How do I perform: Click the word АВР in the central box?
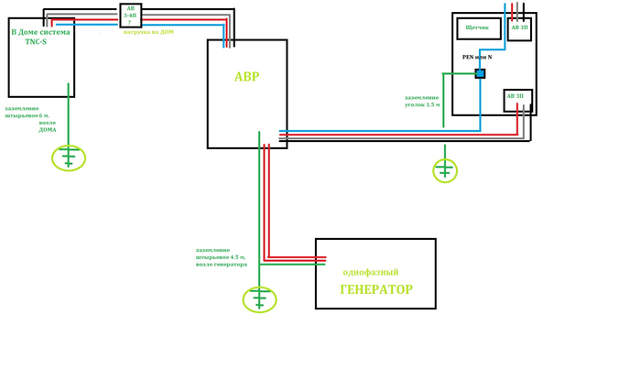[x=246, y=77]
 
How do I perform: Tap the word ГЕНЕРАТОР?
[x=375, y=289]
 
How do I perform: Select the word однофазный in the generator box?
[x=370, y=273]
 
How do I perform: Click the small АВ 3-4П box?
[x=130, y=16]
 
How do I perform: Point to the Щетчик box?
[x=478, y=28]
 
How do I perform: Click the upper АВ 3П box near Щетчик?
[x=518, y=28]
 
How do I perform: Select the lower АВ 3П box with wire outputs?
[x=517, y=99]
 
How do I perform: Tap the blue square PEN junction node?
[x=480, y=73]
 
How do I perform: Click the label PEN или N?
[x=477, y=57]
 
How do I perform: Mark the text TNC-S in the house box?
[x=36, y=42]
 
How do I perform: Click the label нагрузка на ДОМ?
[x=148, y=32]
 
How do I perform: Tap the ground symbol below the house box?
[x=69, y=158]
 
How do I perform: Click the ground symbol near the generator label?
[x=259, y=299]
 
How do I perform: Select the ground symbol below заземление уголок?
[x=444, y=170]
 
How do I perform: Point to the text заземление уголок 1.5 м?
[x=422, y=101]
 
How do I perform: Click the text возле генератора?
[x=221, y=265]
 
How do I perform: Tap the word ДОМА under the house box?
[x=48, y=130]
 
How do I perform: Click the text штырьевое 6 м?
[x=27, y=115]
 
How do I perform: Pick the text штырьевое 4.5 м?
[x=221, y=257]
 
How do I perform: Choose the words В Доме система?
[x=40, y=32]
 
